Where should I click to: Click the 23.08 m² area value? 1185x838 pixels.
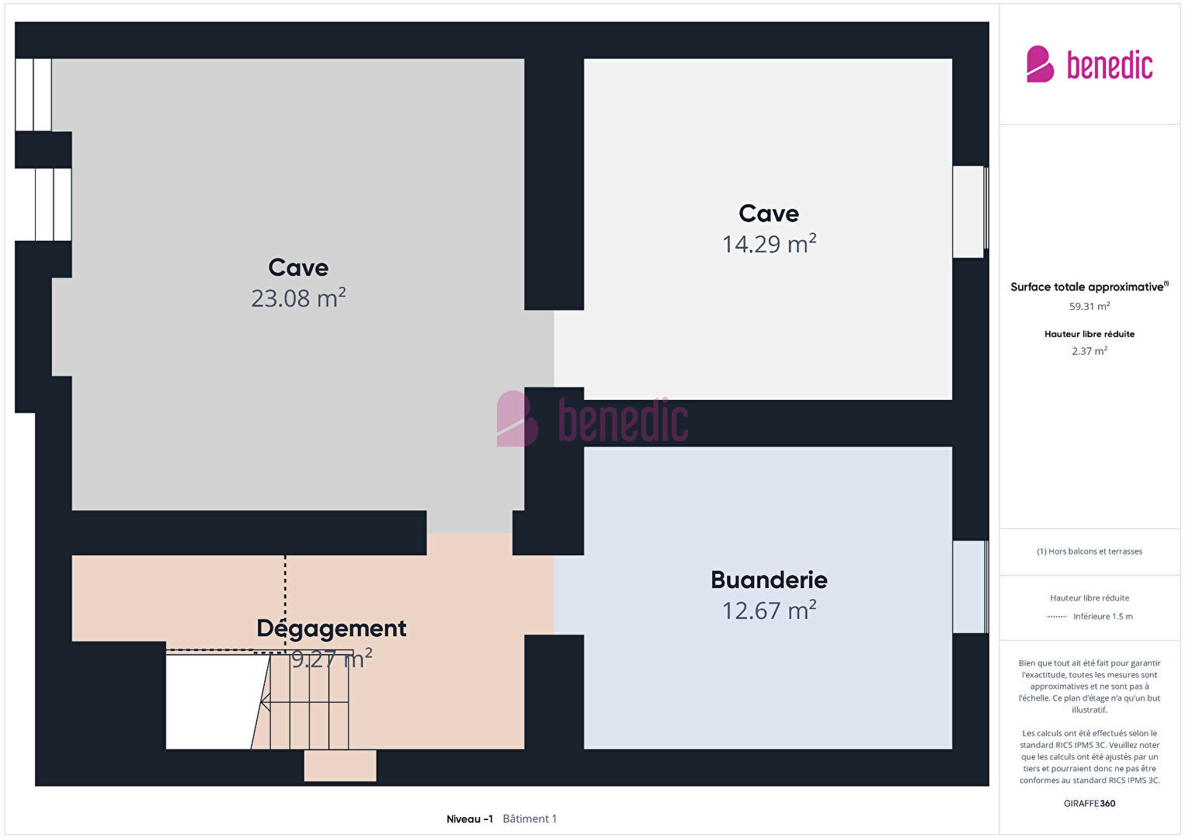298,298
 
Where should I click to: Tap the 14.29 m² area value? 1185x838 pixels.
770,244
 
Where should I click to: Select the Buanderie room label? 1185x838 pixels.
770,580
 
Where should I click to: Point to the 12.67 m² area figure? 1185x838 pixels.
770,610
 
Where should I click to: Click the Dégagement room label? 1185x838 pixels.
332,629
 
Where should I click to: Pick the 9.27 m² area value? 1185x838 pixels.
332,659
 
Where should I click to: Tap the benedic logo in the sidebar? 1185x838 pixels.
1089,64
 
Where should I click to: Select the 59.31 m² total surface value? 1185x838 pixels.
1089,306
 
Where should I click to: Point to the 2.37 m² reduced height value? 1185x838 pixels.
1089,351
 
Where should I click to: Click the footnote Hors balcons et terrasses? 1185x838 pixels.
1089,551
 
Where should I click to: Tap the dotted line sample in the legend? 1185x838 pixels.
1056,617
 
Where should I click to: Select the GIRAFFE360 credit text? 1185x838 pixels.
1089,804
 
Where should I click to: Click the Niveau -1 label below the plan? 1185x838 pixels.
470,819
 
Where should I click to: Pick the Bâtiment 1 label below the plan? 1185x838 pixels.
530,819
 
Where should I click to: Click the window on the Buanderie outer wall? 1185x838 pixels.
971,586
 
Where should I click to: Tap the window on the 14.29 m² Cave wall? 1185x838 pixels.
971,212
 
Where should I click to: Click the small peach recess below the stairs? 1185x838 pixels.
340,766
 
